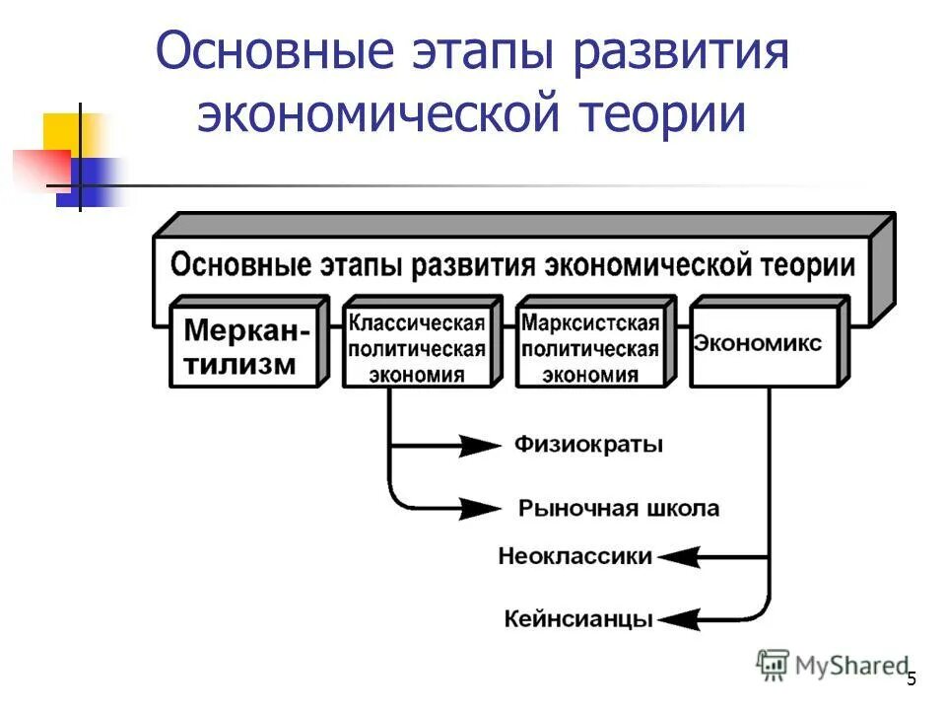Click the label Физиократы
point(588,445)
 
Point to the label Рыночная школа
point(618,509)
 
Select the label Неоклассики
point(575,556)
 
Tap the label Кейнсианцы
point(578,620)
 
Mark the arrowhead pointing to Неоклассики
point(679,557)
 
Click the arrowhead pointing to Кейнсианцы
point(679,620)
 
